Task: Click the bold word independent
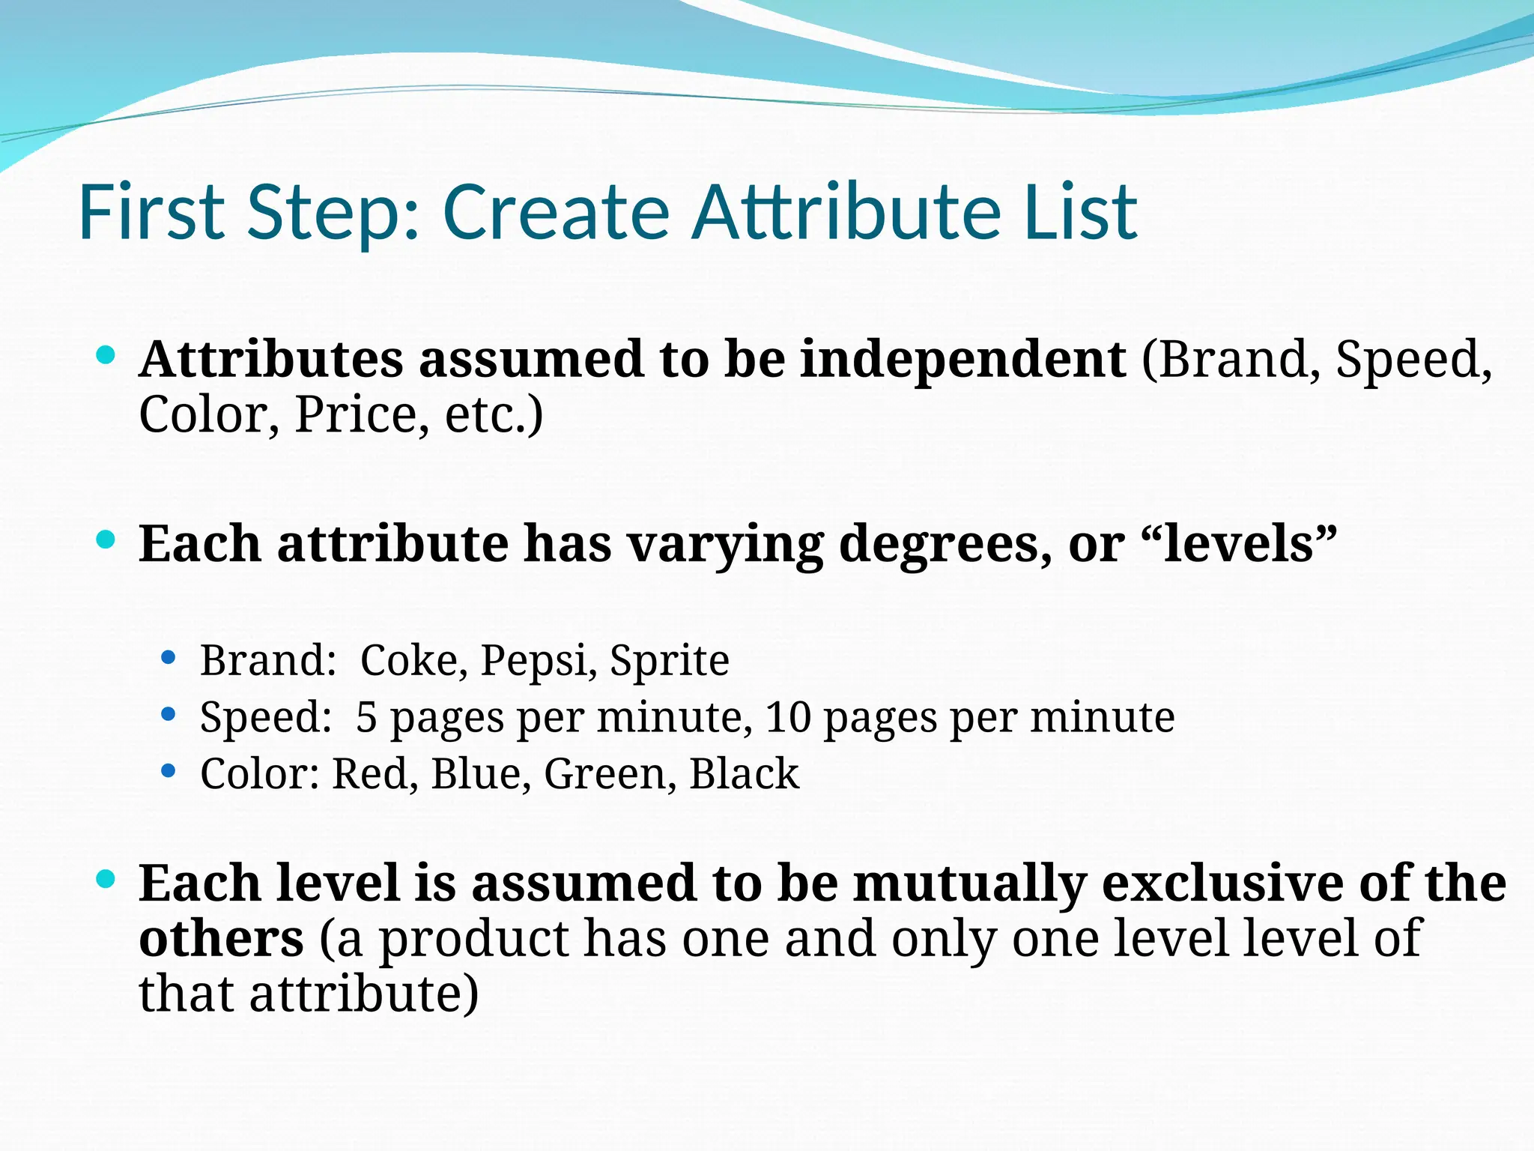(962, 360)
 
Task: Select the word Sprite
(669, 661)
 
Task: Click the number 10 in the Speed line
(788, 717)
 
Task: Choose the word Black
(744, 774)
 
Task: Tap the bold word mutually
(970, 884)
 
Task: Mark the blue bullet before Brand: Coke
(169, 659)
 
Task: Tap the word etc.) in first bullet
(494, 414)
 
